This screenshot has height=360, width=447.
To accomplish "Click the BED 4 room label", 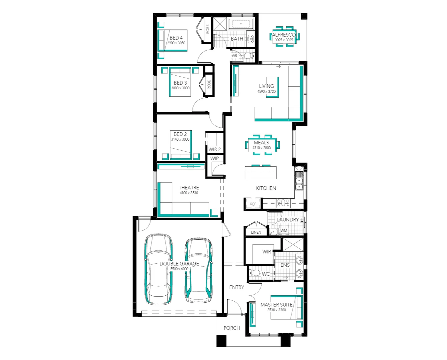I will pos(176,38).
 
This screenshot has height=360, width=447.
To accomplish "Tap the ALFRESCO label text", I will pos(284,35).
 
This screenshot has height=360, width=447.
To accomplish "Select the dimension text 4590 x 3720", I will pos(266,91).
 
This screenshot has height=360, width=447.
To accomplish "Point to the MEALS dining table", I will pos(262,145).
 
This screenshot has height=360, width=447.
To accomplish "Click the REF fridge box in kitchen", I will pos(253,204).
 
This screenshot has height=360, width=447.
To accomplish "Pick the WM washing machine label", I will pos(284,231).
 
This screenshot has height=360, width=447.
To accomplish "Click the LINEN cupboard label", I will pos(256,232).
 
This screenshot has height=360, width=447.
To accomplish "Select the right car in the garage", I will pos(199,270).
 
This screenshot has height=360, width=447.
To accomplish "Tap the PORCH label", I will pos(232,328).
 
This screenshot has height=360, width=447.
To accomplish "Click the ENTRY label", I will pos(237,287).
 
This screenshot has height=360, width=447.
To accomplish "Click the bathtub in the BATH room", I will pos(241,24).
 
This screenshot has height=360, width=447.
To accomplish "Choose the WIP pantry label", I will pos(214,158).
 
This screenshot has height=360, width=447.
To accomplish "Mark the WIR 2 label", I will pos(214,149).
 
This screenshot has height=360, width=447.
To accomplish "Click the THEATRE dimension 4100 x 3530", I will pos(189,193).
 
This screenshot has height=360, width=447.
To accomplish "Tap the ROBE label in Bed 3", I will pos(209,84).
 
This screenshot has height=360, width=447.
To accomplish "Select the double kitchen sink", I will pos(299,183).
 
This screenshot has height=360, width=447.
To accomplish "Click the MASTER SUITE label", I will pos(276,305).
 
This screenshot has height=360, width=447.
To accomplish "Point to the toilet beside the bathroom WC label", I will pos(248,56).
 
